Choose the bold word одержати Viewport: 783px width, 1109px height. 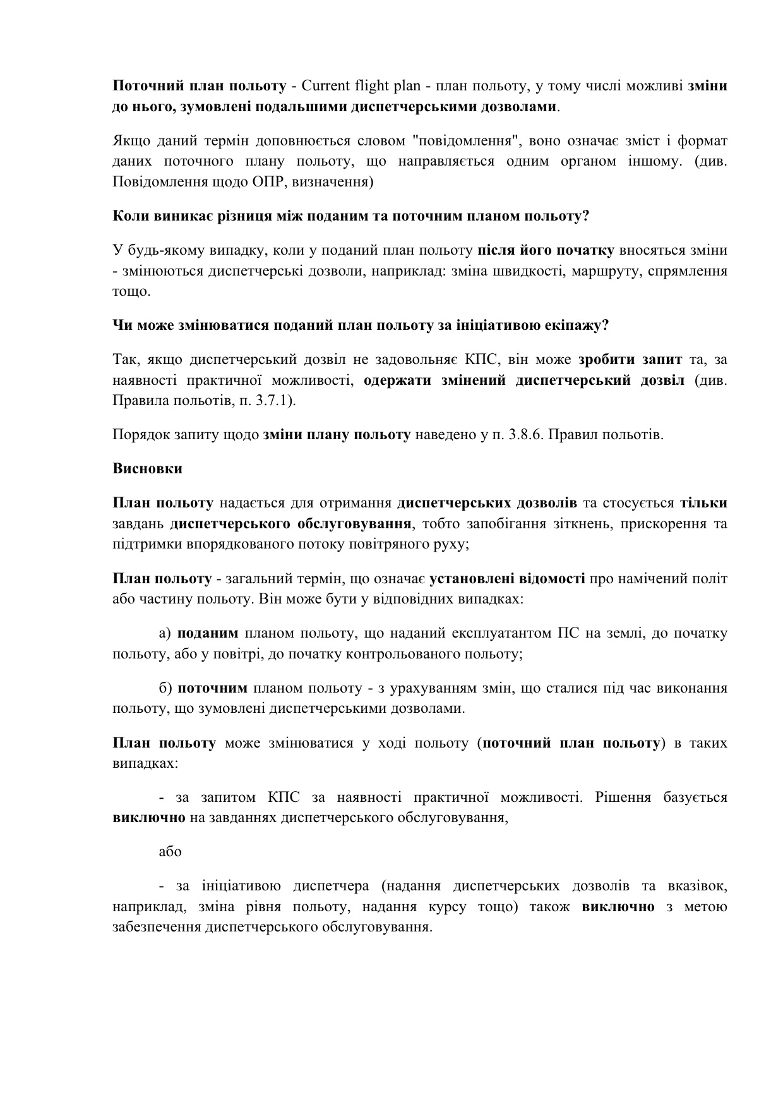click(x=396, y=380)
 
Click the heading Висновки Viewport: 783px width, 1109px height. click(x=147, y=469)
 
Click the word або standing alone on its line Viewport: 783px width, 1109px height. click(x=170, y=852)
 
